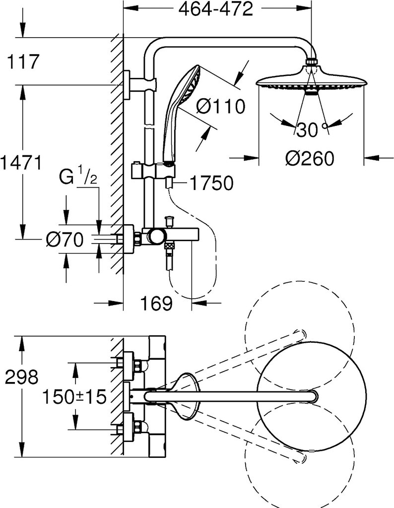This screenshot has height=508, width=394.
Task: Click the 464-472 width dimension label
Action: tap(216, 9)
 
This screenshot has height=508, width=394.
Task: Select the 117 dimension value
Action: tap(23, 62)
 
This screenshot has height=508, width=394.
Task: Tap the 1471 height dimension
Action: tap(21, 162)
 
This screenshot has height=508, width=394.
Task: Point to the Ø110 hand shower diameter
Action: tap(221, 106)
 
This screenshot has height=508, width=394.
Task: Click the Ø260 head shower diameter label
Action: tap(310, 158)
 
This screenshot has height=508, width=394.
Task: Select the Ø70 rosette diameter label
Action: tap(65, 240)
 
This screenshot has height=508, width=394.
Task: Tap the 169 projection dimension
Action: tap(156, 304)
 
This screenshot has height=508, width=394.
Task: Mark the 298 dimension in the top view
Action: tap(22, 378)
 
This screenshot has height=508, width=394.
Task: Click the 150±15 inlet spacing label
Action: tap(74, 396)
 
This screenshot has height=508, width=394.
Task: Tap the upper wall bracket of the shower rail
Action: tap(140, 85)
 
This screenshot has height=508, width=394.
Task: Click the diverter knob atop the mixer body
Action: tap(169, 222)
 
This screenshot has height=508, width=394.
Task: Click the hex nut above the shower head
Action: tap(312, 62)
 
